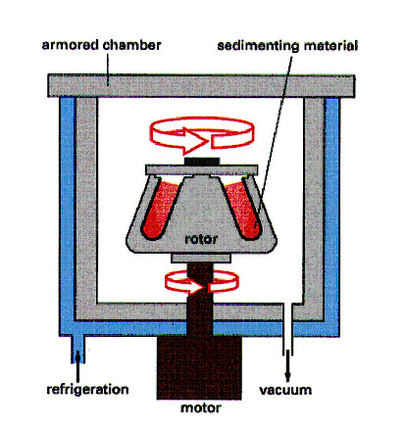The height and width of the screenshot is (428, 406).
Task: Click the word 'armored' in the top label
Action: click(71, 45)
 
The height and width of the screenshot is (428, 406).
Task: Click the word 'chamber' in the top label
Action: click(131, 45)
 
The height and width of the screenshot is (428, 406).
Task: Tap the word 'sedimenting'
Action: click(258, 46)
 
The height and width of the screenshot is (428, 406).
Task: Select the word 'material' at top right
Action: click(330, 45)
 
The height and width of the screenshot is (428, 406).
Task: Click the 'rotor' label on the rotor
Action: click(201, 239)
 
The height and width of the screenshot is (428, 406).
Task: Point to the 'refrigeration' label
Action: click(87, 390)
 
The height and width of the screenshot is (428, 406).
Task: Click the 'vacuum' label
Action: click(285, 391)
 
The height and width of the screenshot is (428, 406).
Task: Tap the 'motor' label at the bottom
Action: click(201, 408)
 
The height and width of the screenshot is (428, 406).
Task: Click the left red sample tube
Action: click(159, 209)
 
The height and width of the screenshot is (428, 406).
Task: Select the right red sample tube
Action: click(244, 209)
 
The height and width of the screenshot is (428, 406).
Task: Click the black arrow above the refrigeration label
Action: click(77, 362)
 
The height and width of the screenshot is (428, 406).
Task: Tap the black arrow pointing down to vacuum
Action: click(287, 366)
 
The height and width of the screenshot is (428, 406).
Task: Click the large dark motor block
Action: click(199, 368)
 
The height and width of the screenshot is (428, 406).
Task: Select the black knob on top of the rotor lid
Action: click(202, 162)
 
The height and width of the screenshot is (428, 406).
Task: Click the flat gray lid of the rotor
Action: click(201, 169)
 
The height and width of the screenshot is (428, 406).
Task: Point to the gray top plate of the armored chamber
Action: click(201, 86)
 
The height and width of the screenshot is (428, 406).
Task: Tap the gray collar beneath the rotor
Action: click(201, 259)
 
